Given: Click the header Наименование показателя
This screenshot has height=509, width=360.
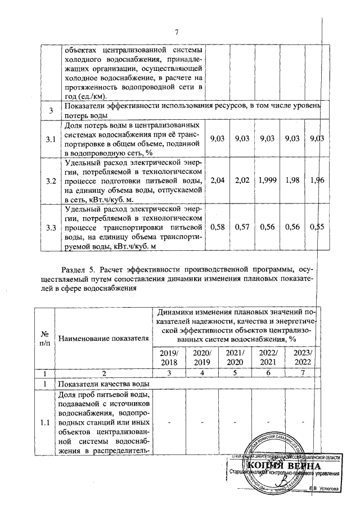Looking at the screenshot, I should pyautogui.click(x=103, y=338).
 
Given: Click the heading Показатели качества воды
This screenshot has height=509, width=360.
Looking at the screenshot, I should pyautogui.click(x=101, y=384).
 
